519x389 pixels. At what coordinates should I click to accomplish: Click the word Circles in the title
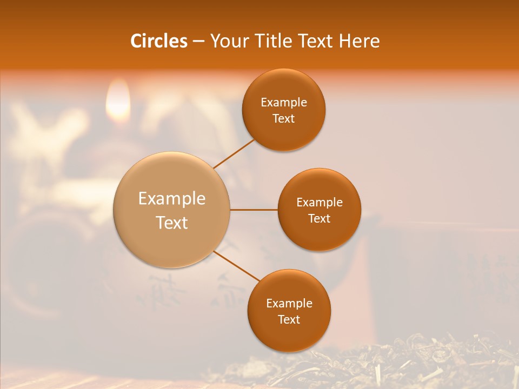tap(158, 41)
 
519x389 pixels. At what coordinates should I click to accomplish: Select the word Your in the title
tap(229, 41)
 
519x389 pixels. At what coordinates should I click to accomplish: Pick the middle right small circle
tap(319, 232)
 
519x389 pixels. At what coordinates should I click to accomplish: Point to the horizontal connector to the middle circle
tap(254, 210)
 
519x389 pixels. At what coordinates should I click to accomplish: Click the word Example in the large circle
tap(172, 199)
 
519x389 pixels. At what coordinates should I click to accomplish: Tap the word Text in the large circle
tap(172, 223)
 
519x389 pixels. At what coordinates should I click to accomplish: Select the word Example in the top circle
tap(283, 103)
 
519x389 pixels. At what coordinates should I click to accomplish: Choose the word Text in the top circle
tap(283, 119)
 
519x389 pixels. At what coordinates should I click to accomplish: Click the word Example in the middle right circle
tap(319, 203)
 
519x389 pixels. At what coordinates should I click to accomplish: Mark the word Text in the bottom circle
tap(289, 320)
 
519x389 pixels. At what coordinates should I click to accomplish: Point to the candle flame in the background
tap(118, 103)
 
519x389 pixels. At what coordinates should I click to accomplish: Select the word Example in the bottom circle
tap(289, 304)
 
